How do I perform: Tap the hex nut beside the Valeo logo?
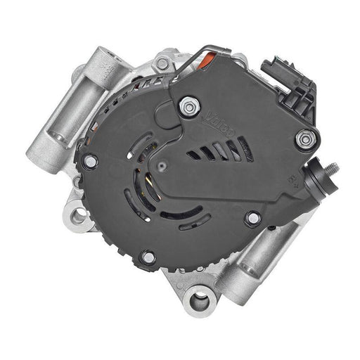tap(188, 108)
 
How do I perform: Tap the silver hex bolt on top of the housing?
tap(163, 64)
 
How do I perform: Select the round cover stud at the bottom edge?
tap(148, 257)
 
